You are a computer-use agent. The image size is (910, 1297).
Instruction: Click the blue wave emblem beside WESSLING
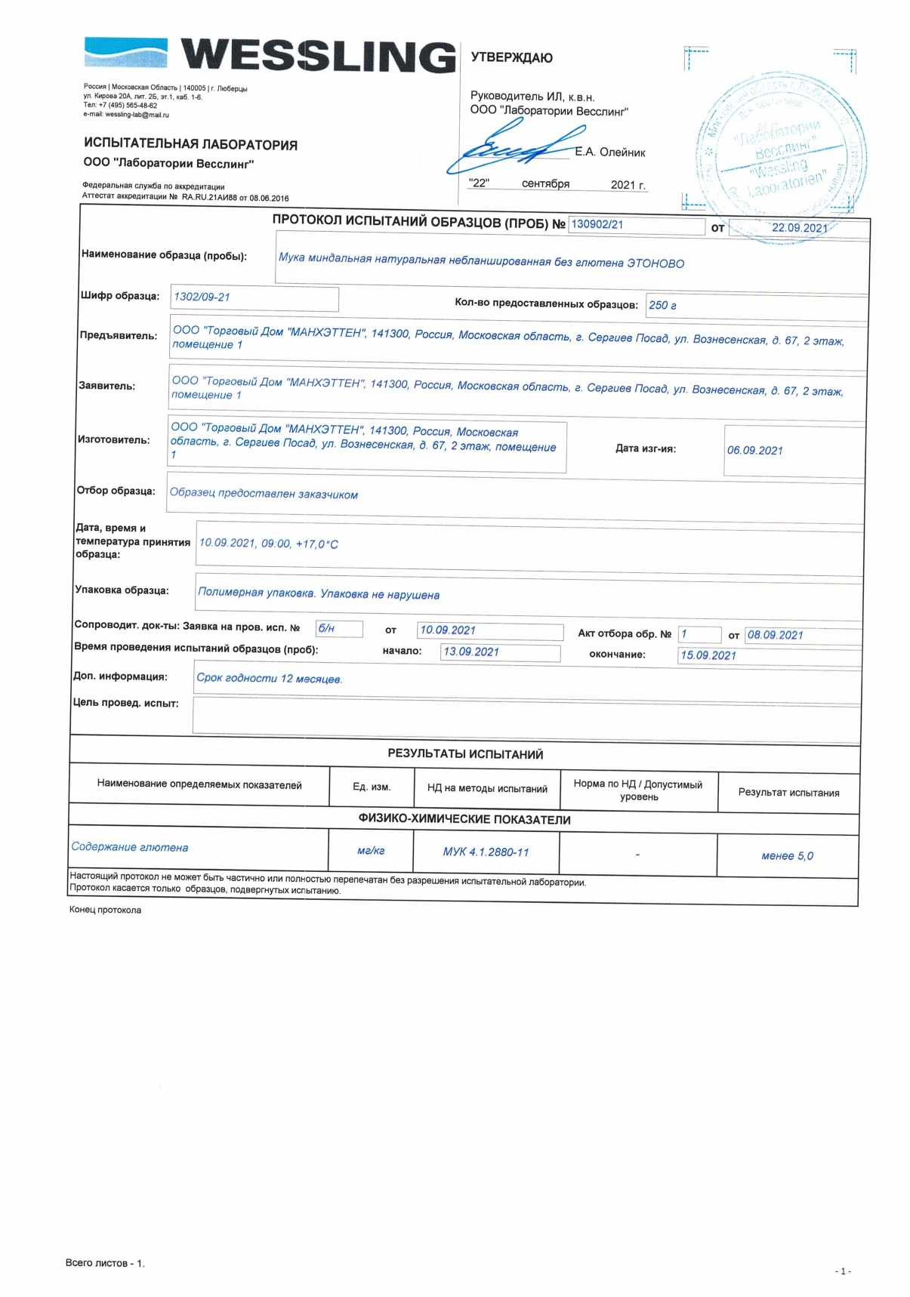(x=125, y=54)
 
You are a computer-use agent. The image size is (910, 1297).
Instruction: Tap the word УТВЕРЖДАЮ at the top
(x=511, y=57)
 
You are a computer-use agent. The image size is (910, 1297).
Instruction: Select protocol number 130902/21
(x=597, y=224)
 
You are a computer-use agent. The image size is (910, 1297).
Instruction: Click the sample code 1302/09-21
(x=202, y=297)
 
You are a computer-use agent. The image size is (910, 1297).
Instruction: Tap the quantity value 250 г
(x=662, y=305)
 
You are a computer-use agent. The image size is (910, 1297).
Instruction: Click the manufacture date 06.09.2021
(x=754, y=450)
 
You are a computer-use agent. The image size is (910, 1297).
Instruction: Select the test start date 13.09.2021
(x=471, y=652)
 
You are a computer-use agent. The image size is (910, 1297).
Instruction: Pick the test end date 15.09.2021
(x=708, y=655)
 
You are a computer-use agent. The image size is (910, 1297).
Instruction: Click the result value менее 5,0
(x=787, y=855)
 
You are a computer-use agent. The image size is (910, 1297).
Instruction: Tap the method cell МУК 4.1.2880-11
(x=486, y=852)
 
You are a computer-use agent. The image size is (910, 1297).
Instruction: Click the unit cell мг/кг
(x=371, y=850)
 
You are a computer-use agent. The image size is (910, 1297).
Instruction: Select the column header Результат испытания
(x=788, y=792)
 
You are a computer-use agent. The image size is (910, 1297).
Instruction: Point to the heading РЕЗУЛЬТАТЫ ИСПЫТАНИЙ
(x=465, y=753)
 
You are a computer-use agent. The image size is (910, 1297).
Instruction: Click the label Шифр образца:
(x=120, y=296)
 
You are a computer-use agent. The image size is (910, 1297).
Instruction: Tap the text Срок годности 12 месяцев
(x=269, y=678)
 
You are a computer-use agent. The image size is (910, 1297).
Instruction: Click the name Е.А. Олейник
(x=610, y=152)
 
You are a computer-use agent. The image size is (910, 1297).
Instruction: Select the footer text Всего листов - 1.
(x=105, y=1262)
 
